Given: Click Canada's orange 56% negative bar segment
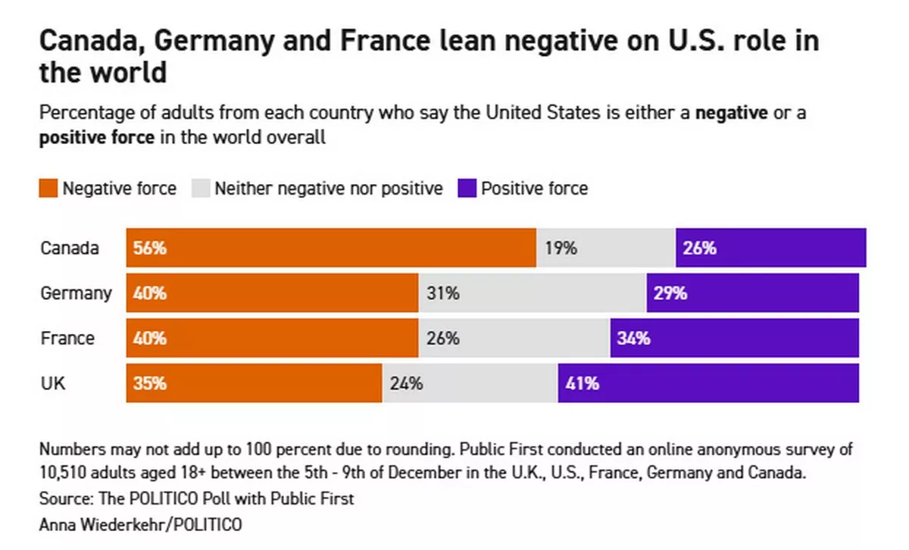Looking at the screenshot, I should pos(331,248).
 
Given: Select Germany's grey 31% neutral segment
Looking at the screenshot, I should pos(533,293).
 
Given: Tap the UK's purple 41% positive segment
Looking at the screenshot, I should pos(708,383).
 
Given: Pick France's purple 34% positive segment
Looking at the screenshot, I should pos(735,338).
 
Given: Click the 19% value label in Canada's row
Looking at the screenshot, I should pos(561,248).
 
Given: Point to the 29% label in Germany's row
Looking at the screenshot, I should pos(670,293).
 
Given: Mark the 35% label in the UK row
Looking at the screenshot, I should pos(149,383).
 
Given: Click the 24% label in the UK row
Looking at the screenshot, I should pos(406,383).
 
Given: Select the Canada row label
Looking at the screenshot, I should pos(69,248).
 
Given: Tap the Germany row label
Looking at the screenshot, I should pos(76,293).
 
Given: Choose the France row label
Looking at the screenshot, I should pos(67,338).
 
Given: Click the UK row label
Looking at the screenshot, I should pos(53,383).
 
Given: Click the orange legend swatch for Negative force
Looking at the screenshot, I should pos(48,189).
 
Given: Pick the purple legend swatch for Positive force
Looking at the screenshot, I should pos(467,189).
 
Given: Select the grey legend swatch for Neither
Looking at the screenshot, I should pos(201,189).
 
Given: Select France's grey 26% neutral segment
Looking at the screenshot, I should pos(514,338).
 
